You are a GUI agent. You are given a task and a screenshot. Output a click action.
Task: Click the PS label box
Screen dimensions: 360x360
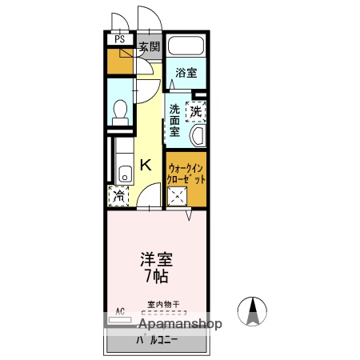coord(119,38)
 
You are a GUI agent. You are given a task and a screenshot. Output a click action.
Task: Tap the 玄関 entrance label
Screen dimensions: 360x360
coord(149,46)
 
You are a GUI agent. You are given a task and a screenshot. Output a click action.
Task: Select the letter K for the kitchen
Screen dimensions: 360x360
coord(146,166)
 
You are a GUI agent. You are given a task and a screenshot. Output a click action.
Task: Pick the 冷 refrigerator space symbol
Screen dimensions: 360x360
coord(118,194)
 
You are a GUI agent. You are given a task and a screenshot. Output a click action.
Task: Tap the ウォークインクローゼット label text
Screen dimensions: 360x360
coord(187,174)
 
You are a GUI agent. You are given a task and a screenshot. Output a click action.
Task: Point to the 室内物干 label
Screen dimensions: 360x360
coord(163,304)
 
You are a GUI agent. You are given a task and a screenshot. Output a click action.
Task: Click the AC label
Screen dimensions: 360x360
coord(121,310)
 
